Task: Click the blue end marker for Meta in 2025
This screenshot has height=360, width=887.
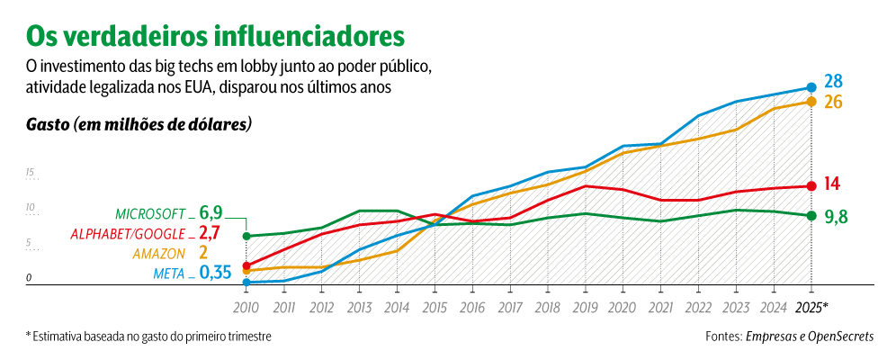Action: (x=811, y=87)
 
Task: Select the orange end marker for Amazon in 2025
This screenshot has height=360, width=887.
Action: (x=811, y=102)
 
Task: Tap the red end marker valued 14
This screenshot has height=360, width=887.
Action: (x=811, y=185)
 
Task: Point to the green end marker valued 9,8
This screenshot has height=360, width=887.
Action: (x=811, y=215)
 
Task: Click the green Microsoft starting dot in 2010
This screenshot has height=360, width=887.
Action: (x=246, y=236)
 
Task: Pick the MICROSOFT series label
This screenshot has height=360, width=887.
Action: (x=150, y=214)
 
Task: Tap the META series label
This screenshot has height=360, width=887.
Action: (x=170, y=274)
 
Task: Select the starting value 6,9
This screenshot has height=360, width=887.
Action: (x=211, y=213)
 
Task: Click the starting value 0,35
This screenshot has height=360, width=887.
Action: (x=215, y=273)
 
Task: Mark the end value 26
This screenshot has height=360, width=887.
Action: (x=833, y=102)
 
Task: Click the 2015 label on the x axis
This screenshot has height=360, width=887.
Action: (x=435, y=307)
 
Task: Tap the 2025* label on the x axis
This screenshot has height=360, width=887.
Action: (x=812, y=307)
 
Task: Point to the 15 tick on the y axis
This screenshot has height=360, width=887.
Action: (x=30, y=172)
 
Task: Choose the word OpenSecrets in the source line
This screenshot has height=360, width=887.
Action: (x=834, y=337)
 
